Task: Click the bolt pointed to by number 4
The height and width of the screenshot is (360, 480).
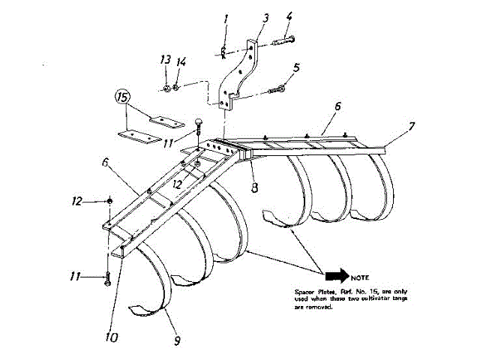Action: click(x=282, y=40)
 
